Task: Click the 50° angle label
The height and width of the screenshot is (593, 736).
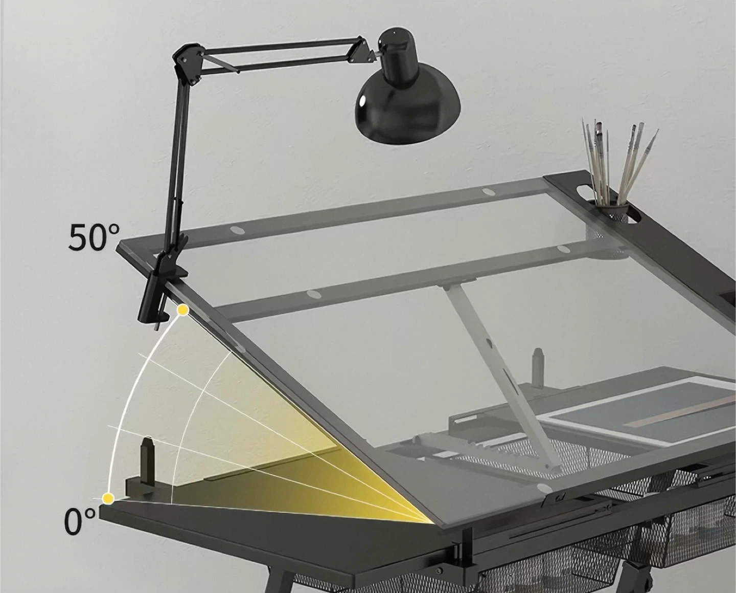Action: tap(94, 236)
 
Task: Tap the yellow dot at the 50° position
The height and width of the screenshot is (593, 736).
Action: tap(183, 310)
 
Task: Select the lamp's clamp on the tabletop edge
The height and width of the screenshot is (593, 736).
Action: tap(160, 288)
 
